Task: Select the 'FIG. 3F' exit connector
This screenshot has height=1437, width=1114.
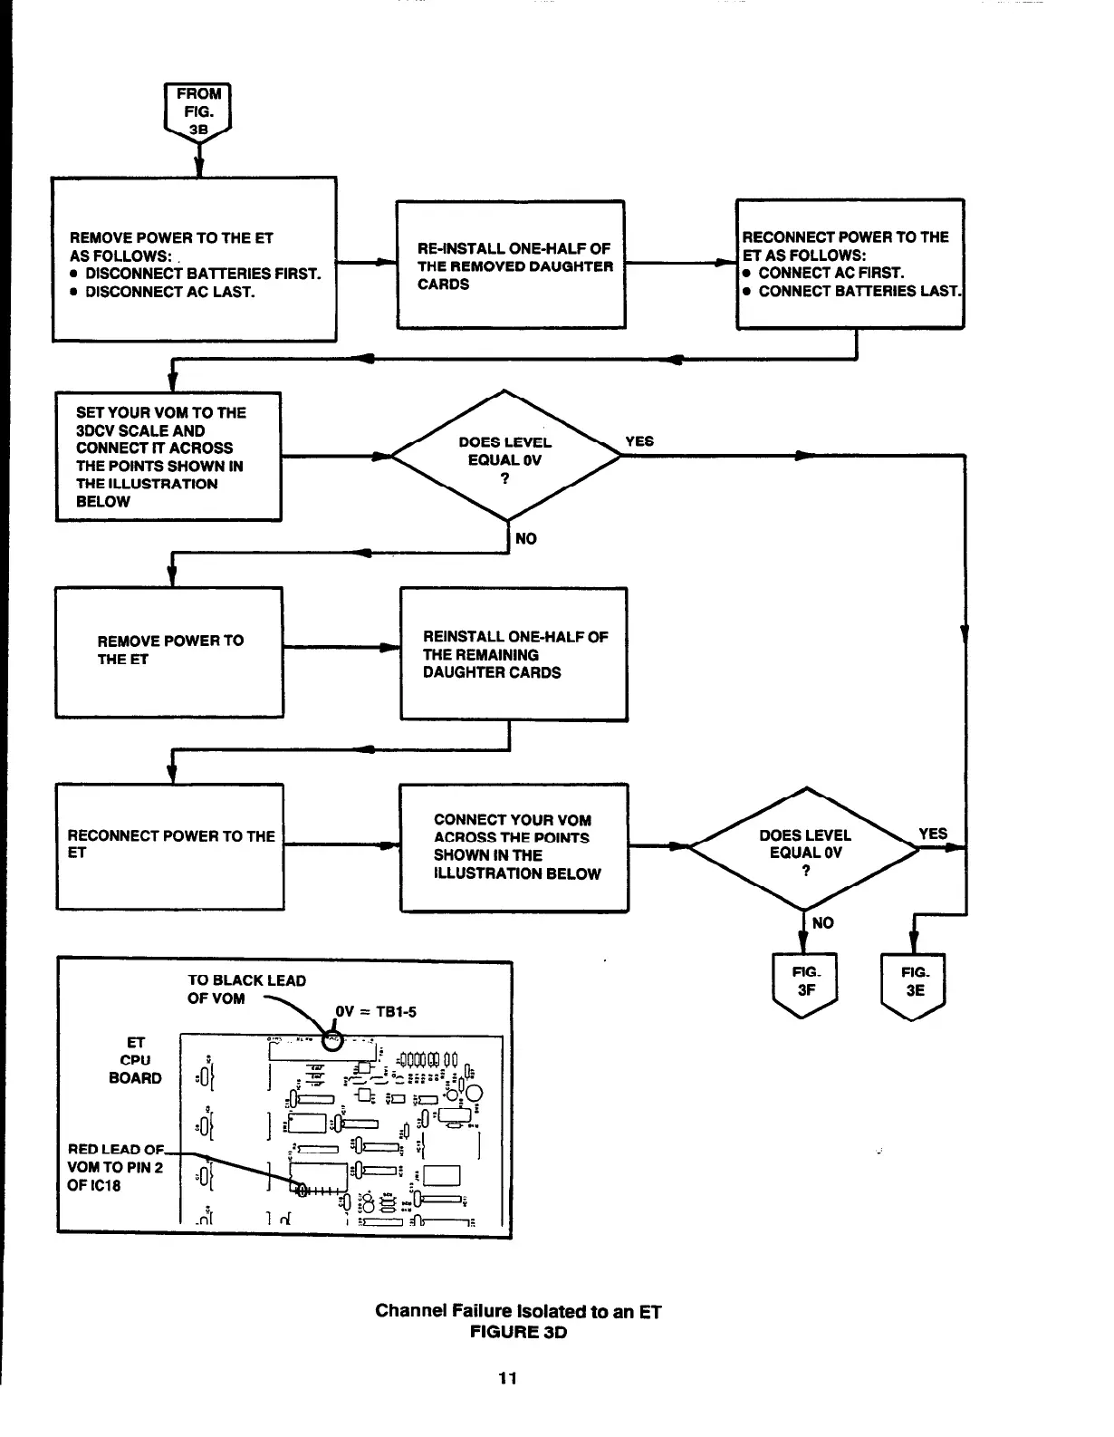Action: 805,983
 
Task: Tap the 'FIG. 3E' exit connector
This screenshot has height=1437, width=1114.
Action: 914,983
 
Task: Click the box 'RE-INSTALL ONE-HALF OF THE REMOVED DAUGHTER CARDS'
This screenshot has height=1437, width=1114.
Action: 511,265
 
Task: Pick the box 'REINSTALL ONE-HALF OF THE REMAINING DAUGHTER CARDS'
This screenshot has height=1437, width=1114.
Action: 514,654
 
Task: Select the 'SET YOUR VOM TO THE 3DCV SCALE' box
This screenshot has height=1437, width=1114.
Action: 168,457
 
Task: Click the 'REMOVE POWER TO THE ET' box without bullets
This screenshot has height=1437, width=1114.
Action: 169,651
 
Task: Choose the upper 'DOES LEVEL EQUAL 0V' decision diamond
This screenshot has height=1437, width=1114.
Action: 505,456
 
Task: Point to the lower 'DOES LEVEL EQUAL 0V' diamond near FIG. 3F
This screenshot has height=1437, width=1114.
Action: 804,848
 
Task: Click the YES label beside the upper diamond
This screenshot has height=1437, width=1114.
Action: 639,441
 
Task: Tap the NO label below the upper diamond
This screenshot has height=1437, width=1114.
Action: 525,539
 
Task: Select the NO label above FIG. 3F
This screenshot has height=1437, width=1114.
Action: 822,923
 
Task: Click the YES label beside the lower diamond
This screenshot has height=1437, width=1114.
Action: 933,834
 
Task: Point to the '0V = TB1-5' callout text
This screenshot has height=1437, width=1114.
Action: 376,1012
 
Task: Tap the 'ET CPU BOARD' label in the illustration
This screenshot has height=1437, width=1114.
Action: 135,1060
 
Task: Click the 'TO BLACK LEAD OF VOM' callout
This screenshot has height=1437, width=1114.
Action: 246,989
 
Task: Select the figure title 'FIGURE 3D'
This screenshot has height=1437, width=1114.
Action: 518,1332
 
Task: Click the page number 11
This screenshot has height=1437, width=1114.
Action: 507,1378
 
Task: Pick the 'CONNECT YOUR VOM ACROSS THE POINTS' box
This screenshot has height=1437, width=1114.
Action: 514,847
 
